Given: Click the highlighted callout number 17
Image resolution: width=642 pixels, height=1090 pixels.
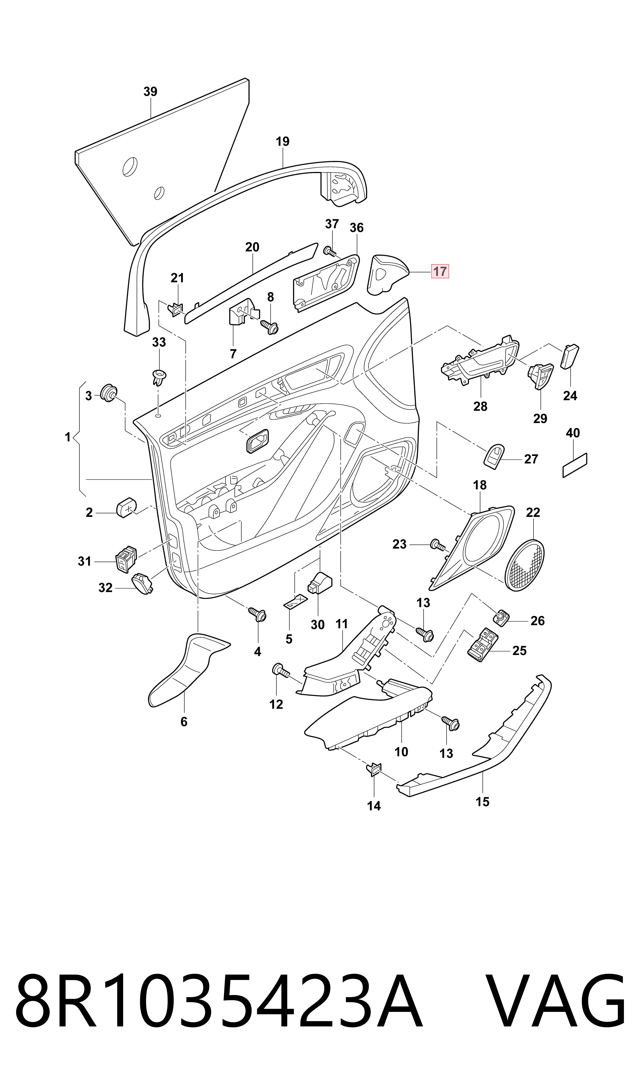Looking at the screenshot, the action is pos(440,271).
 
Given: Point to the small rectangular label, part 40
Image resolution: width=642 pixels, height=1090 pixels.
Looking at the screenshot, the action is pos(575,465).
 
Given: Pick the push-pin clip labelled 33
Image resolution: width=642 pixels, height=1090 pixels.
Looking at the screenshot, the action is pos(159,377).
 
